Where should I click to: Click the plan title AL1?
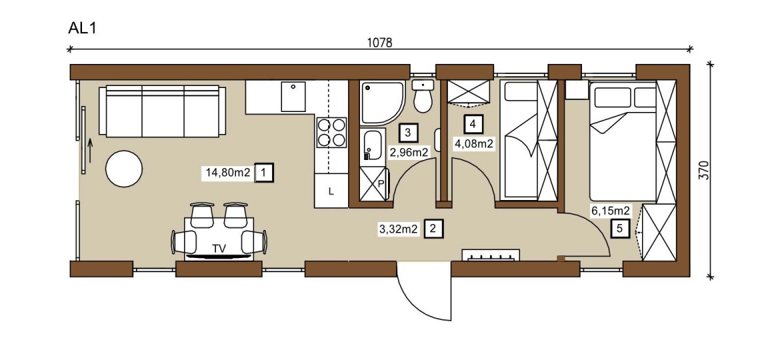point(81,28)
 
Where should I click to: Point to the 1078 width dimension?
point(379,43)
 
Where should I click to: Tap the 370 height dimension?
point(703,170)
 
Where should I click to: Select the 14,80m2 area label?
point(228,173)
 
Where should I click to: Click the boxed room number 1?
point(263,173)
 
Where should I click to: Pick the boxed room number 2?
point(433,229)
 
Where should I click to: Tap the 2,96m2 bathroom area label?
point(409,153)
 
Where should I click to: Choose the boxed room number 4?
point(473,124)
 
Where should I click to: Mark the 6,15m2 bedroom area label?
point(611,211)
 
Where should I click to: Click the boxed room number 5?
point(619,229)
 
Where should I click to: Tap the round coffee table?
point(124,169)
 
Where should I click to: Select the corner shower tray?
point(381,103)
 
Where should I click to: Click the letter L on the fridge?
point(331,191)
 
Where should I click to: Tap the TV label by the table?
point(219,249)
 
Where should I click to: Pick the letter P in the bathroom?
point(381,183)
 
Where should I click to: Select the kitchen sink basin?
point(293,97)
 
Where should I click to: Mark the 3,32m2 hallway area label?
point(399,229)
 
